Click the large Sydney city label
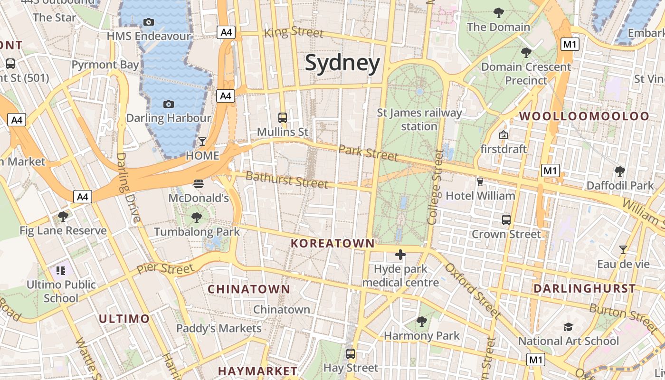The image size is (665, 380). pyautogui.click(x=342, y=63)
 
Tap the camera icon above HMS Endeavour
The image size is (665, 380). pyautogui.click(x=148, y=22)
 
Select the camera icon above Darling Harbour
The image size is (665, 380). pyautogui.click(x=168, y=104)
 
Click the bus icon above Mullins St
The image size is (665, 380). pyautogui.click(x=283, y=117)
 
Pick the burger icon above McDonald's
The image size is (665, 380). pyautogui.click(x=199, y=183)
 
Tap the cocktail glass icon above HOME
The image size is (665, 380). pyautogui.click(x=202, y=142)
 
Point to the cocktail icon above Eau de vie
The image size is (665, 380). pyautogui.click(x=623, y=249)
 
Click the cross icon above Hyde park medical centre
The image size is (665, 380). pyautogui.click(x=400, y=255)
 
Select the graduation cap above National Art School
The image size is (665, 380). pyautogui.click(x=568, y=327)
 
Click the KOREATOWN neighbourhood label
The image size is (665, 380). pyautogui.click(x=332, y=244)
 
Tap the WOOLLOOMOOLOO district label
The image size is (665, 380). pyautogui.click(x=584, y=116)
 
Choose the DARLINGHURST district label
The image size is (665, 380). pyautogui.click(x=584, y=288)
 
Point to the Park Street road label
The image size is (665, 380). pyautogui.click(x=369, y=153)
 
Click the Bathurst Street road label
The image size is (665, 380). pyautogui.click(x=287, y=180)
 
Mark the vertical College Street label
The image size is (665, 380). pyautogui.click(x=435, y=187)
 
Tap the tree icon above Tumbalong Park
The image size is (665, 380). pyautogui.click(x=196, y=218)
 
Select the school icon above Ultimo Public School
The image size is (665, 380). pyautogui.click(x=61, y=271)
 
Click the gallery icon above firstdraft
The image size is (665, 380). pyautogui.click(x=503, y=135)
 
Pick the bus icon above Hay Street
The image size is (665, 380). pyautogui.click(x=351, y=354)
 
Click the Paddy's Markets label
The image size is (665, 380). pyautogui.click(x=218, y=328)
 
